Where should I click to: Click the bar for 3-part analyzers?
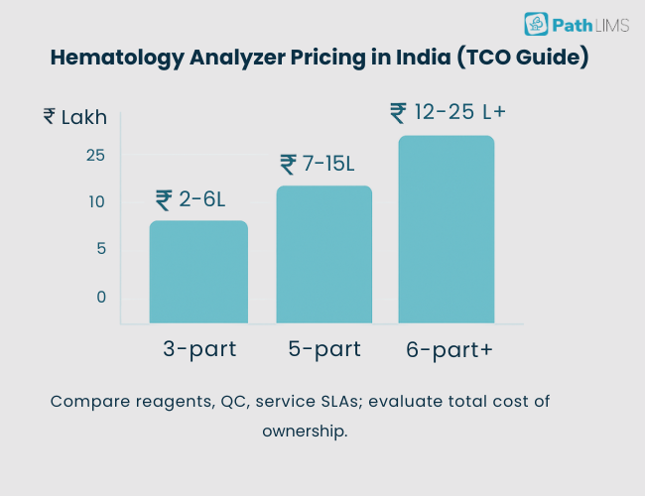click(198, 272)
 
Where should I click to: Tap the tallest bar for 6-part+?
click(446, 229)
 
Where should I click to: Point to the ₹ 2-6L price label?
click(191, 199)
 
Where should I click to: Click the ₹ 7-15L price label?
click(317, 164)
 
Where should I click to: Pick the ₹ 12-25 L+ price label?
click(449, 112)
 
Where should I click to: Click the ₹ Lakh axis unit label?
click(75, 117)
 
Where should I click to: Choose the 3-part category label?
click(197, 349)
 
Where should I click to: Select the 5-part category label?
click(322, 349)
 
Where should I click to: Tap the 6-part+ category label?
click(450, 350)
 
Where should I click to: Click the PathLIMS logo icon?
click(536, 24)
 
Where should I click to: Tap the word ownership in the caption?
click(305, 432)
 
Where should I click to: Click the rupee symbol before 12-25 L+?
click(398, 112)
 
